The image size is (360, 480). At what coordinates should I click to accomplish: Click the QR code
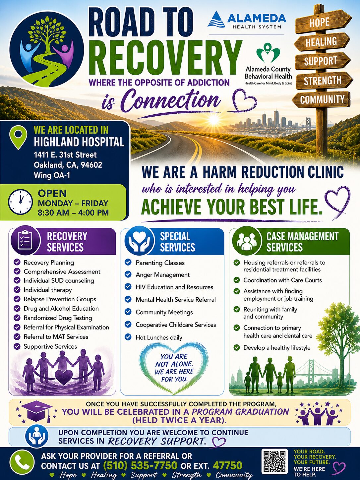pos(274,461)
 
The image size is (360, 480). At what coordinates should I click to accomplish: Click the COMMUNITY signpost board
pos(322,99)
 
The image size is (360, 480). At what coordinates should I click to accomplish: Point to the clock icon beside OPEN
pos(21,202)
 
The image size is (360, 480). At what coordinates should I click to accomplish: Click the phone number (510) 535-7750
pos(140,465)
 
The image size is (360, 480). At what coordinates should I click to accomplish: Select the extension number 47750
pos(227,465)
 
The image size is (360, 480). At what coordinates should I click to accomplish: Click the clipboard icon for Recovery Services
pos(25,240)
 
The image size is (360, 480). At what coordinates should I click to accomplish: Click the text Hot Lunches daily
pos(159,337)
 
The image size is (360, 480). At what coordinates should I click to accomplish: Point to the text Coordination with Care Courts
pos(283,280)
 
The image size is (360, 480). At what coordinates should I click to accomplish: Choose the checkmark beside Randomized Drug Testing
pos(17,318)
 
